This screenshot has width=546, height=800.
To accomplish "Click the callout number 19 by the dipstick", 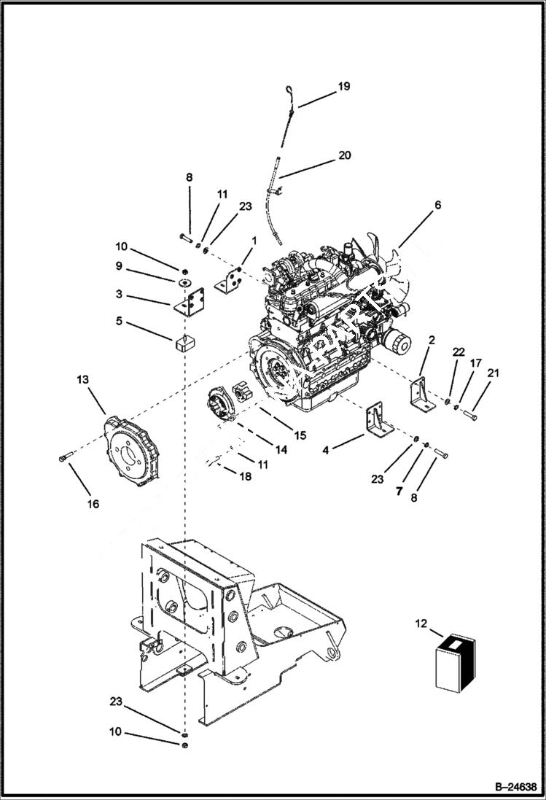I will pyautogui.click(x=343, y=86).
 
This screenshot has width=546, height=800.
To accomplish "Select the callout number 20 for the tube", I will pyautogui.click(x=344, y=155).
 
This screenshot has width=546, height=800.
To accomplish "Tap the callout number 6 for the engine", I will pyautogui.click(x=437, y=206).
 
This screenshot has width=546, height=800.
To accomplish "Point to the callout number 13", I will pyautogui.click(x=82, y=380).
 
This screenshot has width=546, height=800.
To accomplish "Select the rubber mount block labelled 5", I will pyautogui.click(x=187, y=343).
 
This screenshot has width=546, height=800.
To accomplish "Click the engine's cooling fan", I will pyautogui.click(x=390, y=259).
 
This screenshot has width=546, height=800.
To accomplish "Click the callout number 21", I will pyautogui.click(x=494, y=373).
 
